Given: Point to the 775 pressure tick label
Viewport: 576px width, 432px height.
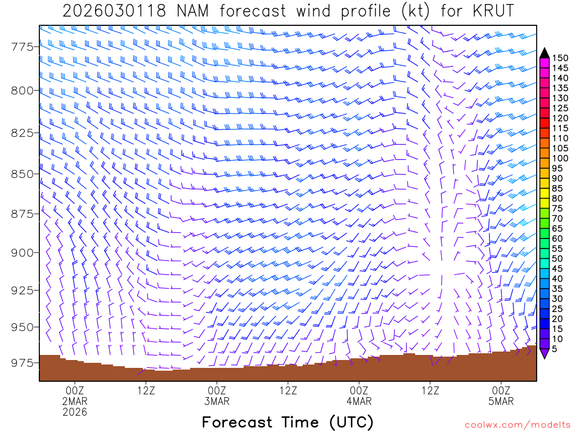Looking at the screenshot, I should pos(22,47).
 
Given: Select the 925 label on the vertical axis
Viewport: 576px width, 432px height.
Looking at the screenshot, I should pos(22,290).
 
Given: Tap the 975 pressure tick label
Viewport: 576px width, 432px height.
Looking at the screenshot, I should pos(22,363).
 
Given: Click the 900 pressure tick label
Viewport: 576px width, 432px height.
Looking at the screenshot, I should pos(22,253).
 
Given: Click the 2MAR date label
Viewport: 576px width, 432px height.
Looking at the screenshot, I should pos(75,401).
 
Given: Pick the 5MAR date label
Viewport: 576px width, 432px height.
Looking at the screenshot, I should pos(501,401).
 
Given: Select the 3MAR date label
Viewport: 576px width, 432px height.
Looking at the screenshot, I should pos(217,401).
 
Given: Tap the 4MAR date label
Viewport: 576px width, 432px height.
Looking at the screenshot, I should pos(359,401).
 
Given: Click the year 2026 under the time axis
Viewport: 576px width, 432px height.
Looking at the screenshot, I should pos(75,412).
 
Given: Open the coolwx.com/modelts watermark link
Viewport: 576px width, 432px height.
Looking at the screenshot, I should pos(517,424).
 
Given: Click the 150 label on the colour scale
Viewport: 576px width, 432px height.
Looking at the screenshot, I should pos(560,58).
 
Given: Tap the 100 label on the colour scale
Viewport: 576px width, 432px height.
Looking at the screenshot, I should pos(560,158).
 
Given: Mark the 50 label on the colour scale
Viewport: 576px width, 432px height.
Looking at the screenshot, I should pos(557,258).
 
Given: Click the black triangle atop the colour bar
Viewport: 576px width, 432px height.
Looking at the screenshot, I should pos(544,53).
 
